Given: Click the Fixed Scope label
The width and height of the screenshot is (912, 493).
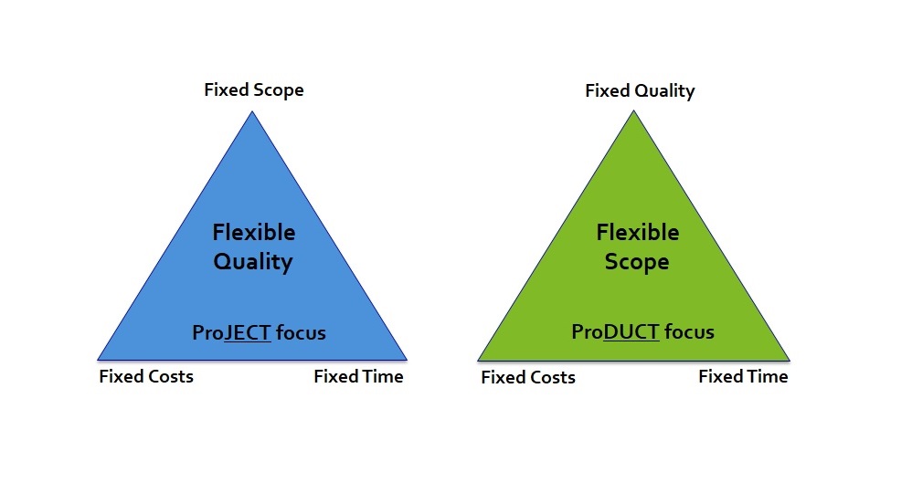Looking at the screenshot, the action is pyautogui.click(x=254, y=90).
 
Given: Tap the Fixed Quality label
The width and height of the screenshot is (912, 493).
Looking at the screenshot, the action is pyautogui.click(x=640, y=91).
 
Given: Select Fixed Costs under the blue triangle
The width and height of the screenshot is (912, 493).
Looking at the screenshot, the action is pyautogui.click(x=146, y=377).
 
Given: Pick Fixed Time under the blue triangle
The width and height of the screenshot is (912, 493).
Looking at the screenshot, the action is pyautogui.click(x=358, y=377).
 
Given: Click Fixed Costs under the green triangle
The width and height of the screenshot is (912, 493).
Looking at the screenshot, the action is pyautogui.click(x=528, y=377).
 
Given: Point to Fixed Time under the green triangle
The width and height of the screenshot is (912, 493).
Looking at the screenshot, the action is pyautogui.click(x=743, y=377).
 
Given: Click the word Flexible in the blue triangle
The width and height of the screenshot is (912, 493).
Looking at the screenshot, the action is pyautogui.click(x=254, y=233).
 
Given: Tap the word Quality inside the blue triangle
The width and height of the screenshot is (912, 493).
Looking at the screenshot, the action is pyautogui.click(x=253, y=262).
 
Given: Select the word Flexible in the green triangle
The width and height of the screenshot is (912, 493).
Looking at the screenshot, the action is pyautogui.click(x=638, y=233).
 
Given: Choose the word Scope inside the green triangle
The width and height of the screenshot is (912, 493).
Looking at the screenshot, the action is pyautogui.click(x=637, y=262).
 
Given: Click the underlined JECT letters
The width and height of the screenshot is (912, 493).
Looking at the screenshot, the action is pyautogui.click(x=248, y=332).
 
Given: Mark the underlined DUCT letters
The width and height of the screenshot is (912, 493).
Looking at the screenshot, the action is pyautogui.click(x=631, y=332).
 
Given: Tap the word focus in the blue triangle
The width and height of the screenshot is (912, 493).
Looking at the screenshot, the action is pyautogui.click(x=301, y=332).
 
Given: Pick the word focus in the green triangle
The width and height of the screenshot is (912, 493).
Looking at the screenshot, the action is pyautogui.click(x=689, y=332).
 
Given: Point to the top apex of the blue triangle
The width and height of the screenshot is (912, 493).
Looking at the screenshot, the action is pyautogui.click(x=252, y=111).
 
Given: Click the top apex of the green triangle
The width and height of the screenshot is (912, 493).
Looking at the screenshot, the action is pyautogui.click(x=634, y=111).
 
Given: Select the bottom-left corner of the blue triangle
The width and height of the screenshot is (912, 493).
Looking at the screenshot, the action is pyautogui.click(x=97, y=361).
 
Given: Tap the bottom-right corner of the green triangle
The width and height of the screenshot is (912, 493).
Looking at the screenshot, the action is pyautogui.click(x=790, y=361).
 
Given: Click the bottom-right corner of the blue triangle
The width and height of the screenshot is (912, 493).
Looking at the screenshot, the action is pyautogui.click(x=408, y=361).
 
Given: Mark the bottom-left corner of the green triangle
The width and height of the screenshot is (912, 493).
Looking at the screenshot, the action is pyautogui.click(x=478, y=361).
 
